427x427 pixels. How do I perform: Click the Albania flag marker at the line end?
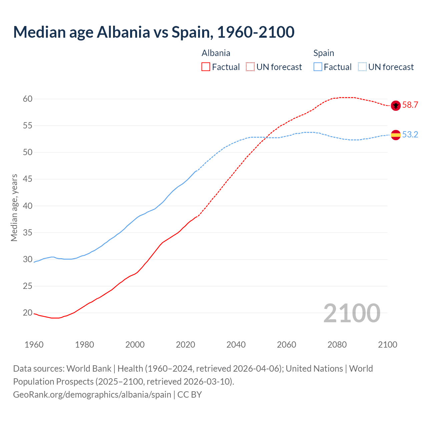coord(396,105)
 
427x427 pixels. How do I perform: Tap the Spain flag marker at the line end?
coord(396,135)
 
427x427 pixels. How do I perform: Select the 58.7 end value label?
coord(410,105)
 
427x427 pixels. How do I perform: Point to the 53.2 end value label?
coord(410,134)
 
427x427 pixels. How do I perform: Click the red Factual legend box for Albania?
coord(206,67)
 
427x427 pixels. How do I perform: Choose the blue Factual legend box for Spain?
coord(318,67)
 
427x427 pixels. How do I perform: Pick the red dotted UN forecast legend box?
coord(250,67)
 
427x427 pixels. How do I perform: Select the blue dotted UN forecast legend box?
coord(362,67)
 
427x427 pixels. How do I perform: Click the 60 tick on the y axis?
coord(28,99)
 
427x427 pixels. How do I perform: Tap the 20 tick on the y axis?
coord(28,313)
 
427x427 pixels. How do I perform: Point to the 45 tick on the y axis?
coord(28,179)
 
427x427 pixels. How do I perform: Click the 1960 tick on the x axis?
coord(34,345)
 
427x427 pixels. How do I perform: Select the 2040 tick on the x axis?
coord(236,345)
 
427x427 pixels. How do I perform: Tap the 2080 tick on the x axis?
coord(337,345)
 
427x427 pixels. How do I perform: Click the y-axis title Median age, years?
coord(14,207)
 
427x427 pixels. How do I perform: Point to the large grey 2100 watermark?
coord(352,313)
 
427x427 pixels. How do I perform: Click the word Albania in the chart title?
coord(123,32)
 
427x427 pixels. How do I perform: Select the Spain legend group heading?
coord(324,53)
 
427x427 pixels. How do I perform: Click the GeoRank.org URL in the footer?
coord(92,395)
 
